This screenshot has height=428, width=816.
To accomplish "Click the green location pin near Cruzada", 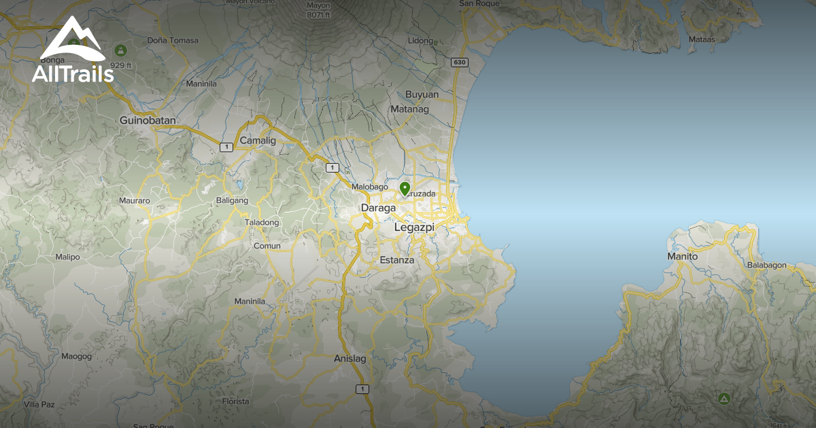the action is click(x=405, y=188).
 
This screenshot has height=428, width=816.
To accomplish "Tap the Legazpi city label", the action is click(x=414, y=228).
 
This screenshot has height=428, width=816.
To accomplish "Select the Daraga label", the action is click(x=377, y=208).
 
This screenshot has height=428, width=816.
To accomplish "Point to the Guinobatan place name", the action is click(x=148, y=120).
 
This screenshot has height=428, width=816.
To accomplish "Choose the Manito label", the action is click(x=682, y=257).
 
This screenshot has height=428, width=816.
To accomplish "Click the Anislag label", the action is click(x=350, y=358).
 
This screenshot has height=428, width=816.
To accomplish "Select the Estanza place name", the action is click(x=397, y=260).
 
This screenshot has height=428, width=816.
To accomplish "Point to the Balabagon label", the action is click(x=766, y=265).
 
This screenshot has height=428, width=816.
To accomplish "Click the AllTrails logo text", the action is click(x=73, y=73).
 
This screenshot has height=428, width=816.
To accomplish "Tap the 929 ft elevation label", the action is click(x=120, y=65).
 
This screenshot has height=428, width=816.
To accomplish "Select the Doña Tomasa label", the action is click(x=173, y=40).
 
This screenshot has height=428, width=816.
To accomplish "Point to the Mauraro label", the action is click(x=134, y=200).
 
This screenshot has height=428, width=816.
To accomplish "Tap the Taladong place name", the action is click(x=262, y=222).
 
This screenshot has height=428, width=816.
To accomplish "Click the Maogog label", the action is click(x=76, y=356).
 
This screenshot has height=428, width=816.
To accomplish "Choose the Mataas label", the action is click(x=702, y=39).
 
